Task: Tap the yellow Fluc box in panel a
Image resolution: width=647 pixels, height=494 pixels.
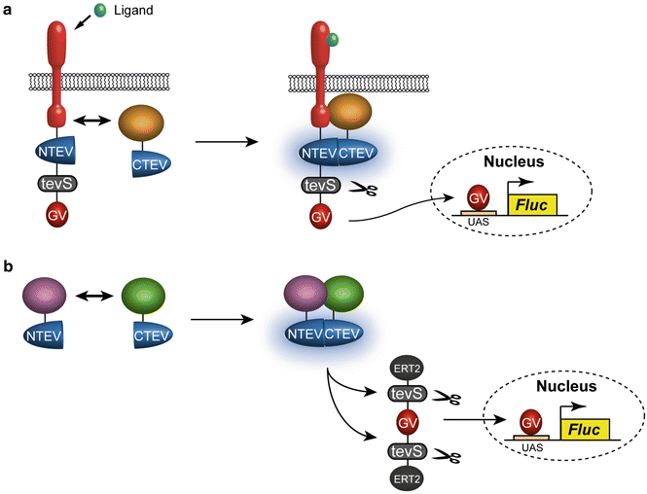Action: pyautogui.click(x=532, y=204)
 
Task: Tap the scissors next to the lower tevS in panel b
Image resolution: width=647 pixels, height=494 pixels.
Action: pyautogui.click(x=450, y=452)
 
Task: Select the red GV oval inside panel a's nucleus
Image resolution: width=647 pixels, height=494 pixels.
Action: pyautogui.click(x=479, y=199)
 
